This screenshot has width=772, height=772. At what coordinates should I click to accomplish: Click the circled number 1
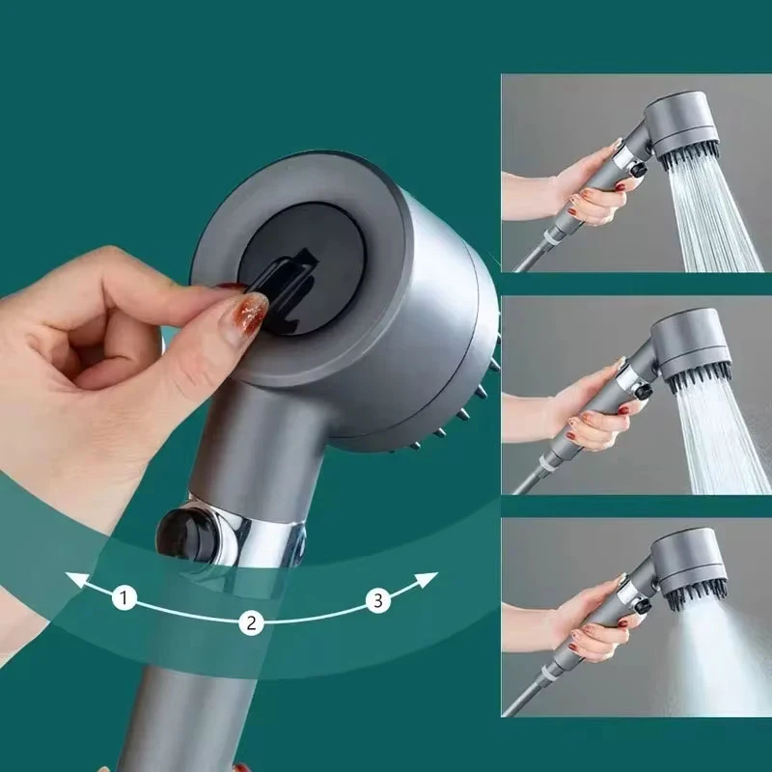[x=124, y=598]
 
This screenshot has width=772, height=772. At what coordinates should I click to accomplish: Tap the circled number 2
[x=251, y=622]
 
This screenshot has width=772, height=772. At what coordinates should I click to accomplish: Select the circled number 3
[x=379, y=600]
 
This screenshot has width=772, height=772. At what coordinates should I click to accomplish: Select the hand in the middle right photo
[x=584, y=415]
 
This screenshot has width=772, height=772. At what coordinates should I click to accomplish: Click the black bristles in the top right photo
[x=689, y=154]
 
